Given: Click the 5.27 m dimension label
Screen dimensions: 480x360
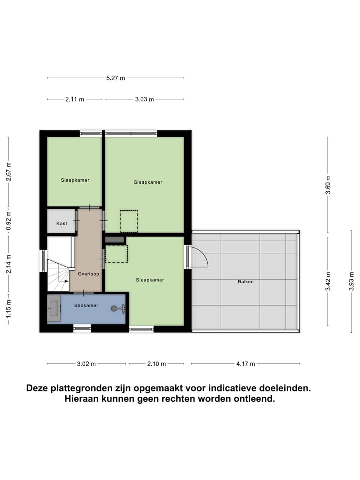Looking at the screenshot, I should coord(115,78).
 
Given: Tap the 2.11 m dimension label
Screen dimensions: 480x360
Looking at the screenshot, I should coord(75,99).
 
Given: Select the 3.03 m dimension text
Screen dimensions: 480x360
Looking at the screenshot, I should coord(144,99).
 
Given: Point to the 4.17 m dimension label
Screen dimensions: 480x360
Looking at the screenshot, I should coord(245,364).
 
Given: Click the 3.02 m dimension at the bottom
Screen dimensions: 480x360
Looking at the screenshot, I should coord(86,364).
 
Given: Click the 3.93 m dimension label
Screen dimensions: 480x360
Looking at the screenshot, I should coord(352,282).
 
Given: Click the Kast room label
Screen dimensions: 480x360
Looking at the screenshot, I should coord(61,223).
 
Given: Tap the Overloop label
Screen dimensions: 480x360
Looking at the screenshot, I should coord(88,274).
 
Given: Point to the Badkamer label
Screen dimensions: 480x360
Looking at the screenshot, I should coord(86,305).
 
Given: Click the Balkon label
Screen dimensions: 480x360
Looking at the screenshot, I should coord(246,282).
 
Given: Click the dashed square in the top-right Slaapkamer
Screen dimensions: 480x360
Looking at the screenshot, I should coord(128,221).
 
